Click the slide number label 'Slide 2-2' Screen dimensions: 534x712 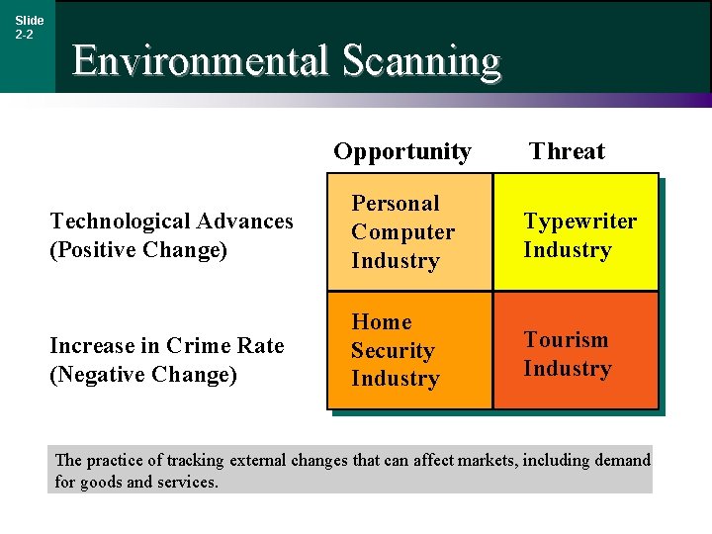pyautogui.click(x=29, y=27)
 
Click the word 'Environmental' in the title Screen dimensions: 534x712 pyautogui.click(x=199, y=61)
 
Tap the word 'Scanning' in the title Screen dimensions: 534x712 pyautogui.click(x=421, y=61)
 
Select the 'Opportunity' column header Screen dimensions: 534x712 pyautogui.click(x=401, y=151)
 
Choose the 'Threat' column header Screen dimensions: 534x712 pyautogui.click(x=567, y=151)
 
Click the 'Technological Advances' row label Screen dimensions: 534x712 pyautogui.click(x=171, y=221)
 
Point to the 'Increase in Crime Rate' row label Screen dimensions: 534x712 pyautogui.click(x=166, y=345)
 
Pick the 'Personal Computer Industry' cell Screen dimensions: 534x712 pyautogui.click(x=409, y=232)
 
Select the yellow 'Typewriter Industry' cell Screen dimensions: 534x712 pyautogui.click(x=576, y=232)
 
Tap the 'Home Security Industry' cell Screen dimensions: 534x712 pyautogui.click(x=409, y=350)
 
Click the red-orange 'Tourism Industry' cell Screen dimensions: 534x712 pyautogui.click(x=576, y=350)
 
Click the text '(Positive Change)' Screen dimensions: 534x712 pyautogui.click(x=138, y=249)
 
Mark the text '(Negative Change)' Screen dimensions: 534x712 pyautogui.click(x=143, y=375)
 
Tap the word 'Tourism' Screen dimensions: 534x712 pyautogui.click(x=566, y=339)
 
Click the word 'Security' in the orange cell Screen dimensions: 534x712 pyautogui.click(x=393, y=350)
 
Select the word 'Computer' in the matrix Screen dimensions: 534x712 pyautogui.click(x=402, y=232)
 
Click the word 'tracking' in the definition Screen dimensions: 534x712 pyautogui.click(x=195, y=460)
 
